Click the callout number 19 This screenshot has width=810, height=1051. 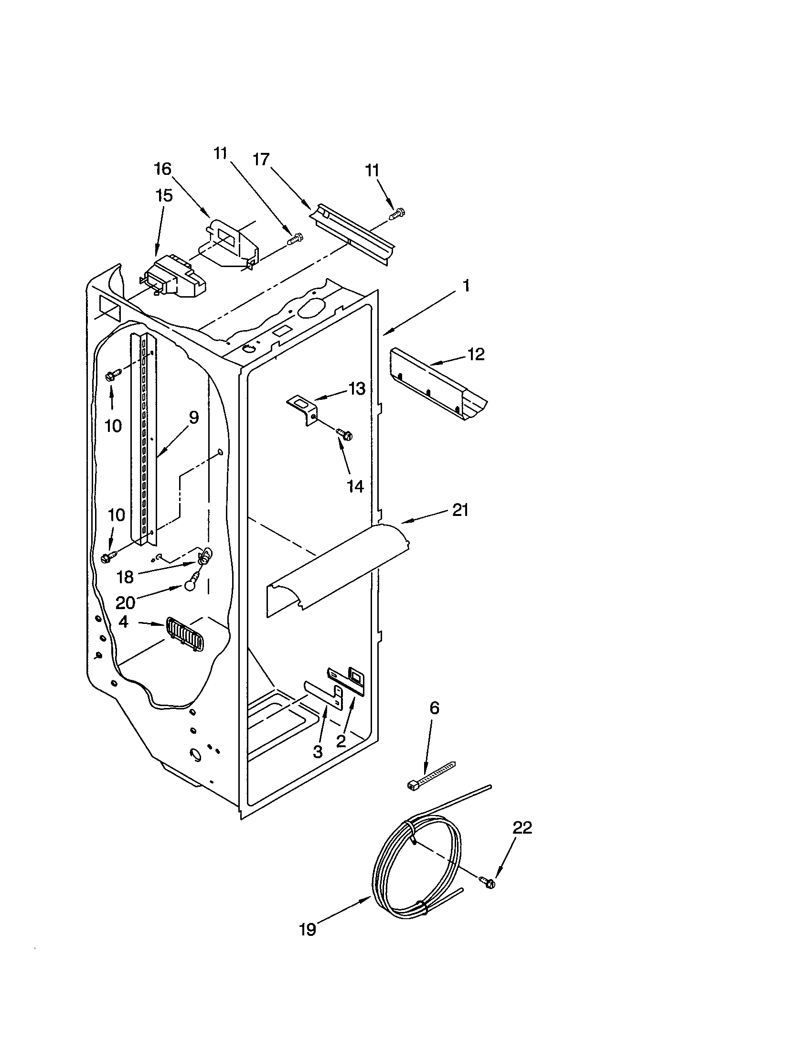click(x=308, y=929)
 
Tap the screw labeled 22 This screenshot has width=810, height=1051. click(x=487, y=882)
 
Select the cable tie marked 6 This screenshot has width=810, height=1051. click(x=430, y=775)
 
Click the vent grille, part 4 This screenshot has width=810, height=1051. click(x=185, y=634)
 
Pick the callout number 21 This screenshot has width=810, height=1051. click(x=460, y=510)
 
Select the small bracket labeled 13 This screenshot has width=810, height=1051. click(x=302, y=408)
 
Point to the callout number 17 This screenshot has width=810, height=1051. click(x=261, y=159)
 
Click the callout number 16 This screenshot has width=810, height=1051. click(x=162, y=169)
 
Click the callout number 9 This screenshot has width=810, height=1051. click(x=193, y=417)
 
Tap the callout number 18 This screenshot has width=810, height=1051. click(x=125, y=577)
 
